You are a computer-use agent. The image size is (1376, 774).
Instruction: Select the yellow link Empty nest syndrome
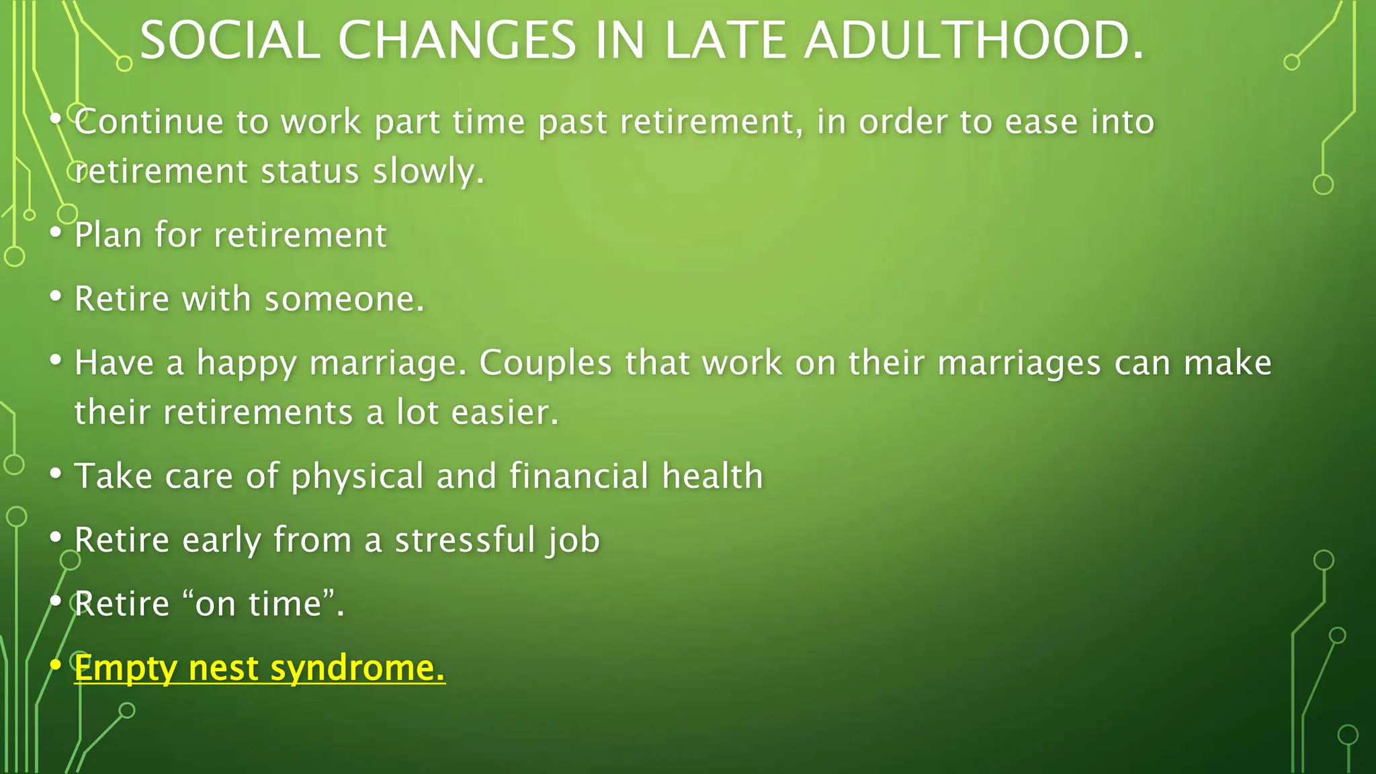[259, 668]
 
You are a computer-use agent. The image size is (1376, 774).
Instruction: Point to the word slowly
[428, 171]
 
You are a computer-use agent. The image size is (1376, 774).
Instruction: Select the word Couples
[545, 363]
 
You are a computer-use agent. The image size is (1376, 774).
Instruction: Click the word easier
[505, 413]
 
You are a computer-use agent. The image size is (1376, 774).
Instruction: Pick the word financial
[578, 476]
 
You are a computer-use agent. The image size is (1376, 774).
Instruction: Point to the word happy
[246, 363]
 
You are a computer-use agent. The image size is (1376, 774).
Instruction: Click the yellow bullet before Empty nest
[56, 665]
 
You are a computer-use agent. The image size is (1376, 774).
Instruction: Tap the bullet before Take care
[56, 472]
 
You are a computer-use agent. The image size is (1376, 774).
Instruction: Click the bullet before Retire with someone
[56, 296]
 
